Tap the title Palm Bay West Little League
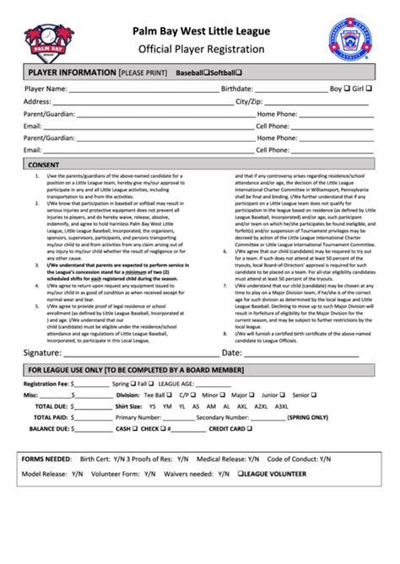click(x=200, y=31)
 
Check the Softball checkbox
click(x=240, y=73)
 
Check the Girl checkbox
click(x=371, y=88)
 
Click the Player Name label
click(x=46, y=89)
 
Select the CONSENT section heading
click(x=44, y=164)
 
